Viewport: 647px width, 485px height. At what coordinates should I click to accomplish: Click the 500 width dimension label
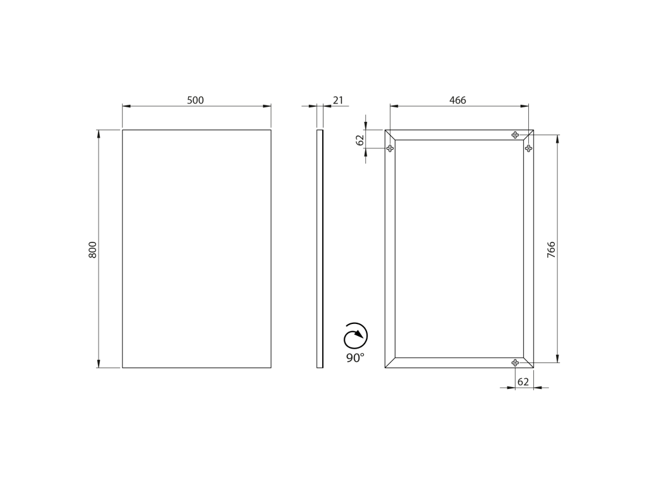click(x=196, y=100)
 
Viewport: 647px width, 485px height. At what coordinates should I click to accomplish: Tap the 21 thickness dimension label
click(x=338, y=100)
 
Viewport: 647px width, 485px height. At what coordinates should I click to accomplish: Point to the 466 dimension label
click(x=457, y=100)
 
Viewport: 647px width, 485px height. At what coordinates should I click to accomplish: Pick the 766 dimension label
click(x=551, y=250)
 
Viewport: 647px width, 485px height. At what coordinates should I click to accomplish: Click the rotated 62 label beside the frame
click(x=360, y=140)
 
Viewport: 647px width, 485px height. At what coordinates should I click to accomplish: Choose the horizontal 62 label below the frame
click(x=523, y=382)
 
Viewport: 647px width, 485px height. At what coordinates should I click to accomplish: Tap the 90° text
click(x=355, y=357)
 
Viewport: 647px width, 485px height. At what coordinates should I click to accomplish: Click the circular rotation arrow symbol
click(x=355, y=335)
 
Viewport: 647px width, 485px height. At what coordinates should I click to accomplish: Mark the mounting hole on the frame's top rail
click(x=515, y=135)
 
